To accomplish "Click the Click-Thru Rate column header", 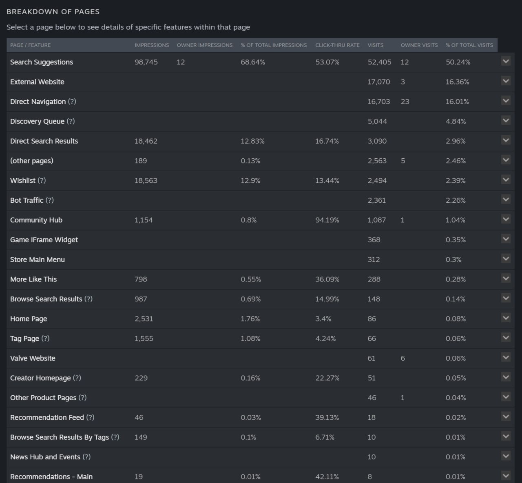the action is (337, 45).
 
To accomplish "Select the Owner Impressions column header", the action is (204, 45).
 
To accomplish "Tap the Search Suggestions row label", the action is (42, 62).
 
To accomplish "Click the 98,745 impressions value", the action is (146, 62).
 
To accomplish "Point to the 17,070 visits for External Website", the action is (378, 82).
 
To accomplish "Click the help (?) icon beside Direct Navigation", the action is (72, 102).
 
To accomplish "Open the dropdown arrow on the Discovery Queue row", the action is (506, 121).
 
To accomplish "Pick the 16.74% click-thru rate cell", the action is (327, 141).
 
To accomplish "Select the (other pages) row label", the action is (32, 161).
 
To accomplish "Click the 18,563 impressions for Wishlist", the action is (146, 181).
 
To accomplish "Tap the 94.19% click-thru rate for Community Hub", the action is (327, 220).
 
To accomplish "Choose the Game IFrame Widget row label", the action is (44, 240).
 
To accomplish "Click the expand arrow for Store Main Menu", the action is (506, 259).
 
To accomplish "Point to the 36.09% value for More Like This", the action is (327, 279).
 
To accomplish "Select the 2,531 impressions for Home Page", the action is (144, 319).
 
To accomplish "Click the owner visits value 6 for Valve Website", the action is (403, 358).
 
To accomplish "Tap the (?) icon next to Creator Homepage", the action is (77, 378).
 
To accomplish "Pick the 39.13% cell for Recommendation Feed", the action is (327, 418).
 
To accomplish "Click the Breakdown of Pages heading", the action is (53, 11).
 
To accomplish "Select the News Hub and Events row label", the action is (45, 457).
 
